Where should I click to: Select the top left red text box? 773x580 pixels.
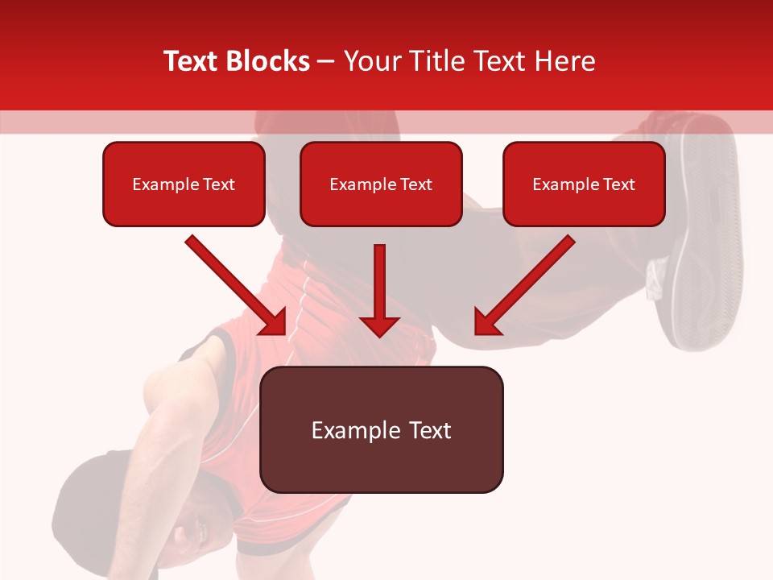point(184,184)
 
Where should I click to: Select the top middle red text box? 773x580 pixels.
point(381,184)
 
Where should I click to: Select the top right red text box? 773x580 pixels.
point(584,184)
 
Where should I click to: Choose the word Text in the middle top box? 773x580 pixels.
point(415,184)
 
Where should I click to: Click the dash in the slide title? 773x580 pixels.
point(326,62)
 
